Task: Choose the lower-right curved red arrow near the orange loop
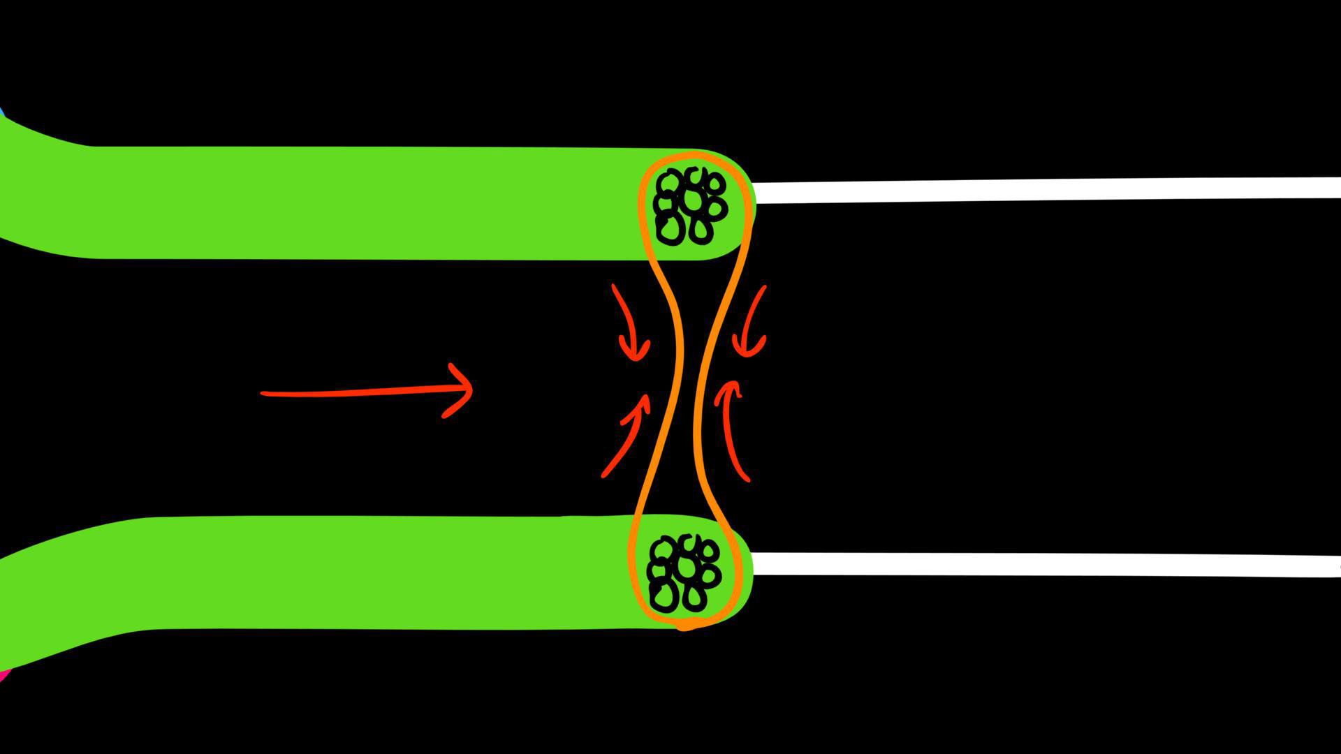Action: click(731, 429)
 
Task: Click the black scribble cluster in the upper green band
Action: click(690, 206)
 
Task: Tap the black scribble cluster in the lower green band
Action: click(684, 572)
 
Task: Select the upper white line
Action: click(1048, 189)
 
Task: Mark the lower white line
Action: click(1048, 564)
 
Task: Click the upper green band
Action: click(349, 202)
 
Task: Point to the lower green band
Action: click(349, 572)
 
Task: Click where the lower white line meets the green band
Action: click(753, 563)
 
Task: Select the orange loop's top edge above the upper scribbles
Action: click(691, 154)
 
